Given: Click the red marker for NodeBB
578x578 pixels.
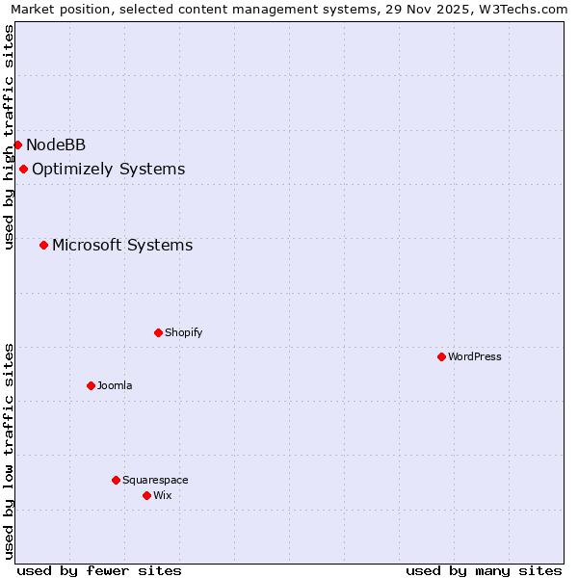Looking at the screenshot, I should coord(17,145).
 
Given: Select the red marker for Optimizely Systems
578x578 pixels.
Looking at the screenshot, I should coord(23,170).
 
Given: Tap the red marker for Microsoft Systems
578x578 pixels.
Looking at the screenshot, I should coord(43,246).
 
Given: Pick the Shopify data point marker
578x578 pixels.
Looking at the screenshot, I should coord(158,333).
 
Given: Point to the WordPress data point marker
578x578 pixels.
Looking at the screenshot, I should coord(441,357).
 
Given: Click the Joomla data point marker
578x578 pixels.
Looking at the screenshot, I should coord(91,386).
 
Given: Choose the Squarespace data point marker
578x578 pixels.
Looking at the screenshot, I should coord(116,481).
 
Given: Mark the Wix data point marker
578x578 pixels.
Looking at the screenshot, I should coord(146,496).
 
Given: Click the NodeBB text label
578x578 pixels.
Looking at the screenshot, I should coord(56,145).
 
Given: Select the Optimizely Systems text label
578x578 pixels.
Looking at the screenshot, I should coord(108,170).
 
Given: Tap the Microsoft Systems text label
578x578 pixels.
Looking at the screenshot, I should coord(122,246).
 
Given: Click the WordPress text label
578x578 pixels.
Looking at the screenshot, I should coord(475,357).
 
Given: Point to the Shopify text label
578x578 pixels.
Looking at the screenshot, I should coord(184,333).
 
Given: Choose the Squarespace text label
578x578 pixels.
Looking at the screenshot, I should coord(155,481).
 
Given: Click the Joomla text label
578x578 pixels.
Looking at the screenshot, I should coord(115,386).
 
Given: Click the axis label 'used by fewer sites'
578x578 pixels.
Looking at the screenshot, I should coord(99,570).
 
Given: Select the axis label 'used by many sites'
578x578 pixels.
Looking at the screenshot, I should coord(484,570).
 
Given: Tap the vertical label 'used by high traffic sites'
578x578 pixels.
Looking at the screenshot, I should coord(9,137).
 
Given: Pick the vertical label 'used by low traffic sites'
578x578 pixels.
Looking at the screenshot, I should coord(9,451).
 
